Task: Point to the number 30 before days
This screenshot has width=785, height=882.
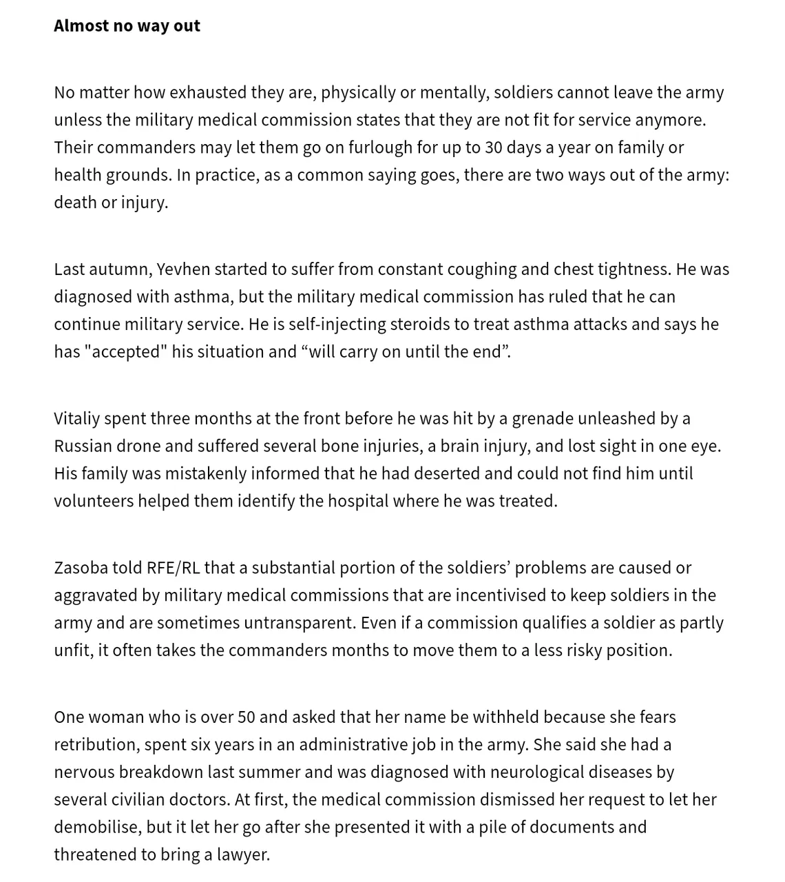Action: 494,147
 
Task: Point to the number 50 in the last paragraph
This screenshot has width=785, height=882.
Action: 247,717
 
